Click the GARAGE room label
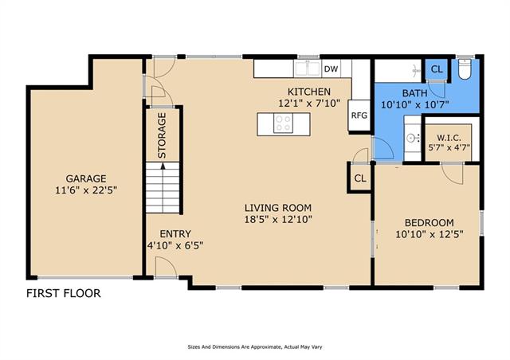(x=86, y=178)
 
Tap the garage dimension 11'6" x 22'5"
(x=86, y=190)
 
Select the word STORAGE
(x=162, y=135)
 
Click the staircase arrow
(x=163, y=166)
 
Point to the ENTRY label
(x=175, y=234)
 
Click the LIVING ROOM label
(x=278, y=208)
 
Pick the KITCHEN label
(x=309, y=92)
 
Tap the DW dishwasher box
(x=331, y=68)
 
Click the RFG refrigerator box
(x=359, y=115)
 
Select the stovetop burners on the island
(x=283, y=123)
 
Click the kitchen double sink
(x=307, y=68)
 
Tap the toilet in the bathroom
(x=465, y=68)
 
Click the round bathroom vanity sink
(x=411, y=139)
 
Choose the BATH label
(x=414, y=93)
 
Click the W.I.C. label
(x=449, y=138)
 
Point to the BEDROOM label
(x=430, y=223)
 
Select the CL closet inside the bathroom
(x=437, y=69)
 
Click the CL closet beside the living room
(x=360, y=178)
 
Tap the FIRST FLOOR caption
(x=64, y=293)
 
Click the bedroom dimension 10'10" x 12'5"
(x=430, y=234)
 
